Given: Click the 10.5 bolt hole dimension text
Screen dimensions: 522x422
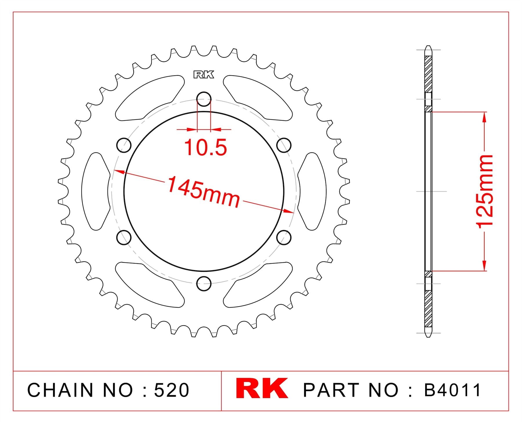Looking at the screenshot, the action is pos(205,147).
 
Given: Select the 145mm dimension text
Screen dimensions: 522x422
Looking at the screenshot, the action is pos(204,192).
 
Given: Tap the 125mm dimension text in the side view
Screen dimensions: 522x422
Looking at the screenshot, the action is pos(485,191).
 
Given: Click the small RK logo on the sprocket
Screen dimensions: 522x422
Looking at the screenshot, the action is pos(204,75).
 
